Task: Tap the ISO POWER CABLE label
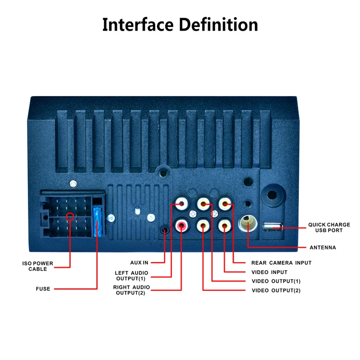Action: pyautogui.click(x=38, y=266)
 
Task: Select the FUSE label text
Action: pyautogui.click(x=43, y=289)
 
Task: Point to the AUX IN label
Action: pyautogui.click(x=139, y=263)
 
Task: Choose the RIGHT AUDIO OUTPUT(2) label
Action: pyautogui.click(x=132, y=290)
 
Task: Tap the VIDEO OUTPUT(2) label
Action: pyautogui.click(x=276, y=290)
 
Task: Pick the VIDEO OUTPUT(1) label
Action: pyautogui.click(x=276, y=281)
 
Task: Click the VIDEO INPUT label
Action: pyautogui.click(x=269, y=272)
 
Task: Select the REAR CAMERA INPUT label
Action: pyautogui.click(x=281, y=263)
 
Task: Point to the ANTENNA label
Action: pyautogui.click(x=323, y=248)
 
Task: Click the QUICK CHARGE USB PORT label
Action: pyautogui.click(x=329, y=227)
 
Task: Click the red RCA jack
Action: pyautogui.click(x=182, y=224)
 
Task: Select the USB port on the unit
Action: pyautogui.click(x=273, y=226)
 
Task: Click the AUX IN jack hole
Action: pyautogui.click(x=165, y=230)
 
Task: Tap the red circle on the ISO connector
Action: pyautogui.click(x=70, y=216)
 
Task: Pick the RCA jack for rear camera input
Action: pyautogui.click(x=225, y=204)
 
